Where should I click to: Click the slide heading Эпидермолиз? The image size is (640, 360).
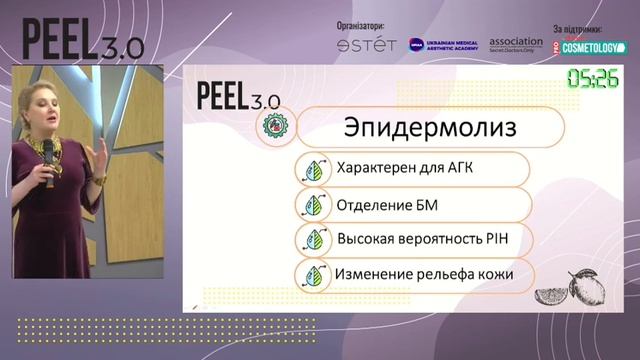429,128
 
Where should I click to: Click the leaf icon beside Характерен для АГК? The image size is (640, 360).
312,169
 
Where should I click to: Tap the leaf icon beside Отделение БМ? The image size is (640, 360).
312,205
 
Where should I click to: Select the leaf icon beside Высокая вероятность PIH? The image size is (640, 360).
312,240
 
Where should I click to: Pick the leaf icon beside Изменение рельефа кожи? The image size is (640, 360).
312,275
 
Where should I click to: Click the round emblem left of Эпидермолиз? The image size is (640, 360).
273,127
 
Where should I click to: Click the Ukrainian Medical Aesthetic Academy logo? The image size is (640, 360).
444,45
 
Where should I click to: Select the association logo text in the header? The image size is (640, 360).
515,45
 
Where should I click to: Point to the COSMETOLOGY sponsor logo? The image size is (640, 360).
592,46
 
